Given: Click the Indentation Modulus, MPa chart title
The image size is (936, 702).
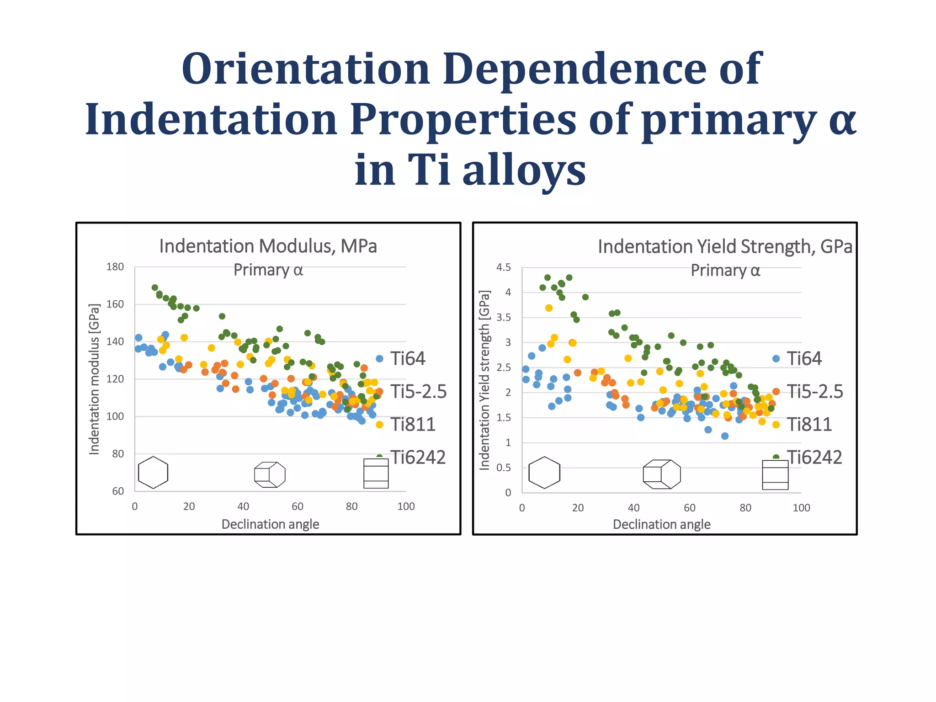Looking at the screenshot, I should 268,246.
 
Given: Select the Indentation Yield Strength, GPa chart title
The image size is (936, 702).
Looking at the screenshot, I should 725,247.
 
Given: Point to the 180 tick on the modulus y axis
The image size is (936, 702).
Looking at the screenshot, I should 115,267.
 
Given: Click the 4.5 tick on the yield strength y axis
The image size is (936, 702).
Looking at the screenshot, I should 504,267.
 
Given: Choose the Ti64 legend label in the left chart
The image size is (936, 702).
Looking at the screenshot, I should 408,359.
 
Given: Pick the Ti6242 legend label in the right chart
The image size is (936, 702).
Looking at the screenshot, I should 814,457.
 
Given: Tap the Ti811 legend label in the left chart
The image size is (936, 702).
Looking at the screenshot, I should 413,425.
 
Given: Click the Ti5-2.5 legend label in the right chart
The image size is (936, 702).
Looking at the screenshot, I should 814,392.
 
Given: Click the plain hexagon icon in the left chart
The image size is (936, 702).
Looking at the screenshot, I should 153,472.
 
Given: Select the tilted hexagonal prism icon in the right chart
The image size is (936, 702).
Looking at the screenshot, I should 661,474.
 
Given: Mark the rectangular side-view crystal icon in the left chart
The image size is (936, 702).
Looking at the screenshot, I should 376,473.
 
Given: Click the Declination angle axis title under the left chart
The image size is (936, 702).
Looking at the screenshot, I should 270,524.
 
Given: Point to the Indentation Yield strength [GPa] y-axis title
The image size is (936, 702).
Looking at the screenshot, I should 484,380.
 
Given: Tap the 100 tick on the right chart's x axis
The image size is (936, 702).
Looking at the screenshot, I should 801,508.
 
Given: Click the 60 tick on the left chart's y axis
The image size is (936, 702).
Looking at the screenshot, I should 118,491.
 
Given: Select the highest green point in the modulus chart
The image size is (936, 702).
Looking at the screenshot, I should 155,287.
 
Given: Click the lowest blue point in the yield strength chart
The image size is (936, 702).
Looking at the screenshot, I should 724,436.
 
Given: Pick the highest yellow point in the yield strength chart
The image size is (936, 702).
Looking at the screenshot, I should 549,308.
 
